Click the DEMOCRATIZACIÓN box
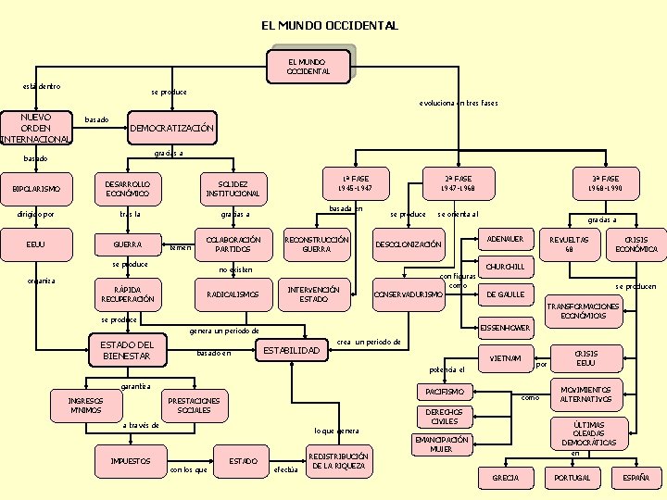tap(171, 128)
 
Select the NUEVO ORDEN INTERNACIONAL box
tap(36, 129)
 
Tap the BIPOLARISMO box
tap(36, 190)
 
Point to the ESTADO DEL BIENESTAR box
tap(127, 351)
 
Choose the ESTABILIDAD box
tap(293, 350)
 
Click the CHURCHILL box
tap(505, 267)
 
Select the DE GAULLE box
tap(505, 294)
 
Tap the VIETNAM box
tap(505, 358)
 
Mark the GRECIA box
tap(505, 478)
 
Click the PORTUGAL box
tap(572, 478)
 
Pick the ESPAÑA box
tap(636, 478)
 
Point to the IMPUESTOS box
tap(131, 460)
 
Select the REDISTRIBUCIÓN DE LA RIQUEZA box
tap(339, 461)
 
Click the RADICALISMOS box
tap(233, 295)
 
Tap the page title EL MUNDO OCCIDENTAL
tap(330, 26)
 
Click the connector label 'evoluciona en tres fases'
tap(458, 103)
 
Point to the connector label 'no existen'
tap(234, 270)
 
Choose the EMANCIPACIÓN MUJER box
tap(441, 444)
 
